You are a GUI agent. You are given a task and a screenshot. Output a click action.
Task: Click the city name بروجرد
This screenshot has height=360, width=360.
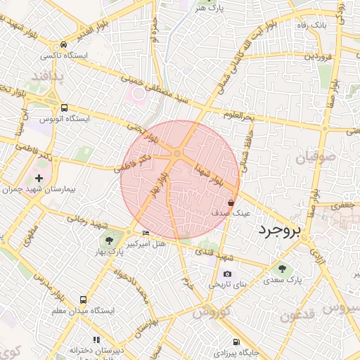point(279,231)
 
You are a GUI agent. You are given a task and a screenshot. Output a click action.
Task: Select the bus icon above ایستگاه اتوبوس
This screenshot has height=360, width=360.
point(65,108)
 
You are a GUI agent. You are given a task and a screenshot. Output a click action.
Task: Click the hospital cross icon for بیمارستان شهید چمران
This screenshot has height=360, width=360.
point(39,178)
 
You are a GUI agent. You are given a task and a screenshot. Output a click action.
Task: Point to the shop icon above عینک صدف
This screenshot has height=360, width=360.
point(231,201)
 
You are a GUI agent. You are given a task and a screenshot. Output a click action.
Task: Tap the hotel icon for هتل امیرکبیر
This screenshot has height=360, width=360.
point(146,233)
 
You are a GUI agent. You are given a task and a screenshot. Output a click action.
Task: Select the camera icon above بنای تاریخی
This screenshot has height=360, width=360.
point(226,274)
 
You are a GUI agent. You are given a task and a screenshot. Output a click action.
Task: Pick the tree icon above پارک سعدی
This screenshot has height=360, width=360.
point(282,268)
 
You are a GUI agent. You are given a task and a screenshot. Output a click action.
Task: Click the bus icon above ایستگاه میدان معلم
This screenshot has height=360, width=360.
point(84,299)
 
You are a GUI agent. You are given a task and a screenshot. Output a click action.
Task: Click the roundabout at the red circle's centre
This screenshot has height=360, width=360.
point(179,153)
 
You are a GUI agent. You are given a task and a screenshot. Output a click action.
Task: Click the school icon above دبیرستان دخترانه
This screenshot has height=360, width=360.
point(96,338)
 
